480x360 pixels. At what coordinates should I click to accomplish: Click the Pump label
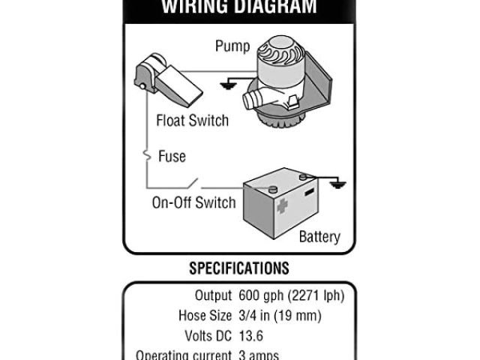(232, 46)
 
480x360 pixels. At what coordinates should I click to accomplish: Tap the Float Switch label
(192, 120)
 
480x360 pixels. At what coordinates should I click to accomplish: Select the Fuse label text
(172, 157)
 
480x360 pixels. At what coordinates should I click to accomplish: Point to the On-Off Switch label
(194, 202)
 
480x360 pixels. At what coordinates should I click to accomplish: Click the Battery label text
(319, 237)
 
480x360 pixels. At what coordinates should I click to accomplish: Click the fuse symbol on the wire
(147, 157)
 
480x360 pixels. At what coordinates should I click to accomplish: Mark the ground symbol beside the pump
(226, 85)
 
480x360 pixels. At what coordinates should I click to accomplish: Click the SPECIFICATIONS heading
(239, 268)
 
